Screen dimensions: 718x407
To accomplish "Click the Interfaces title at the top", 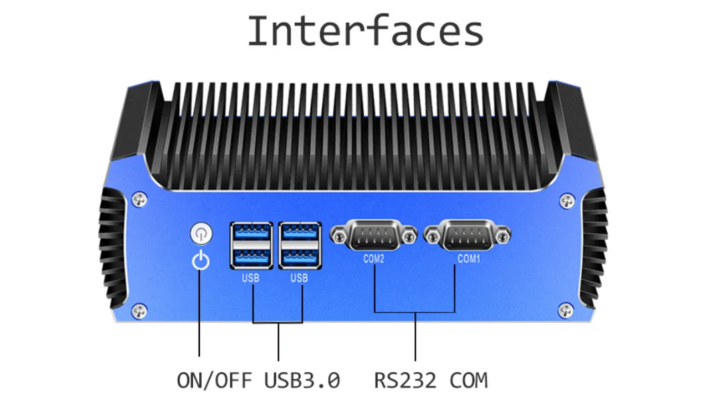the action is pyautogui.click(x=365, y=31).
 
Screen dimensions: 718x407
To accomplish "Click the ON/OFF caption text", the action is pyautogui.click(x=214, y=380).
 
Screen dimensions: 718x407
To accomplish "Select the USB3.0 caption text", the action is pyautogui.click(x=302, y=380).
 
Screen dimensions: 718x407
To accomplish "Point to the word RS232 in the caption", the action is pyautogui.click(x=405, y=380).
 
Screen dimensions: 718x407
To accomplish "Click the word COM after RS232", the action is pyautogui.click(x=469, y=380).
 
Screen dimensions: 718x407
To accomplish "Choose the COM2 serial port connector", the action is pyautogui.click(x=374, y=236).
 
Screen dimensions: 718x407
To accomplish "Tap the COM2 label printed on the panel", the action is pyautogui.click(x=374, y=258).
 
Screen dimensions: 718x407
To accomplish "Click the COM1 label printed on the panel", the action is pyautogui.click(x=469, y=258).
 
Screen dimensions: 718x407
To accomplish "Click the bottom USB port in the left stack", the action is pyautogui.click(x=251, y=256).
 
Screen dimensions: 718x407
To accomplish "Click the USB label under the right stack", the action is pyautogui.click(x=299, y=277).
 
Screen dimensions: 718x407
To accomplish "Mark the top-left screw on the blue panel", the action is pyautogui.click(x=138, y=198).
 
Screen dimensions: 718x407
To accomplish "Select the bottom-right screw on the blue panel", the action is pyautogui.click(x=566, y=309).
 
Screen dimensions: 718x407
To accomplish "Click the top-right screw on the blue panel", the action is pyautogui.click(x=567, y=199).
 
